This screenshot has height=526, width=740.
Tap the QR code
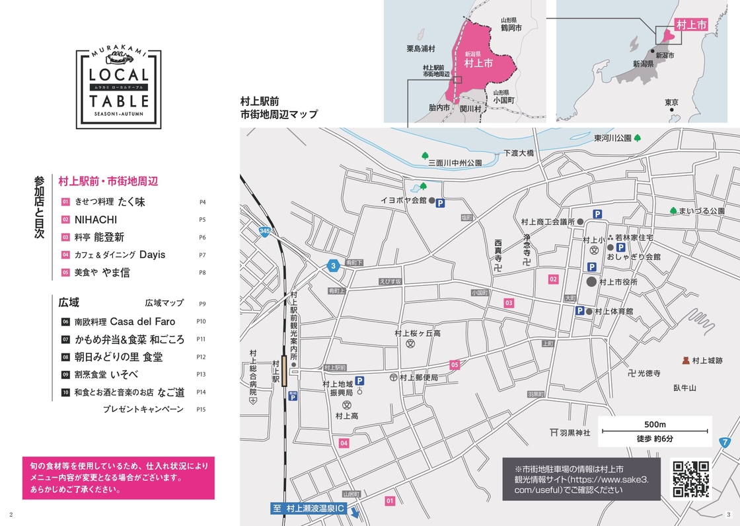(x=690, y=478)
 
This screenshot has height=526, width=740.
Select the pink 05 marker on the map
(x=455, y=365)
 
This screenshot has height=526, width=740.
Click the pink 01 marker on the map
(x=390, y=501)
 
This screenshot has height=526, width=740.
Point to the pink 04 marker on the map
(x=344, y=443)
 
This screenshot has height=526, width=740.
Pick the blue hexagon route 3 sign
(x=334, y=266)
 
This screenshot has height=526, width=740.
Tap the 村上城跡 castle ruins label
(x=707, y=361)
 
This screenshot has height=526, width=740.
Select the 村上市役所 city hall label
(x=618, y=282)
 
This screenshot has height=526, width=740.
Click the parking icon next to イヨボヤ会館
(x=440, y=203)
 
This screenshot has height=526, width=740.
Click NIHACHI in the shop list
(x=96, y=219)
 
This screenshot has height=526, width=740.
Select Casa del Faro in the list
(x=143, y=322)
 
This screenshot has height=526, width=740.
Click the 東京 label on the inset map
(x=671, y=102)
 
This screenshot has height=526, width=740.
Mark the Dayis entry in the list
(x=152, y=255)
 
